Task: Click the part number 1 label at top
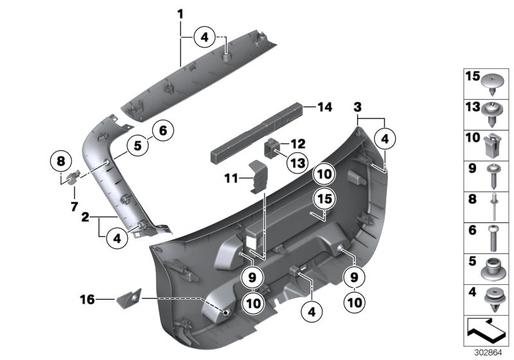tap(181, 14)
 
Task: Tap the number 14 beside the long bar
tap(324, 107)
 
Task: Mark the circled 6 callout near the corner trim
tap(162, 130)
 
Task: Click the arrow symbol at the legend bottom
tap(486, 333)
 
